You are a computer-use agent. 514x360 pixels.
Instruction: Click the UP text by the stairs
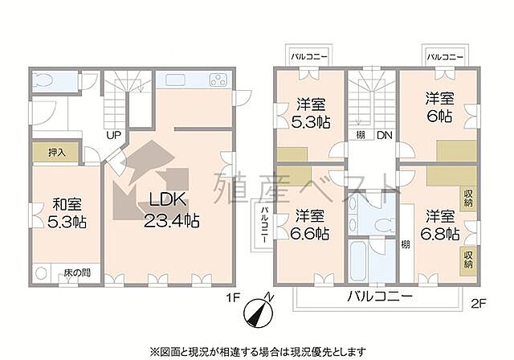[113, 135]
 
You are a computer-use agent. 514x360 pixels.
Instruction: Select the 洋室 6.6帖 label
[309, 225]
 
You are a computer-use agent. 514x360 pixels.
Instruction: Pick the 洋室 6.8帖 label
[441, 225]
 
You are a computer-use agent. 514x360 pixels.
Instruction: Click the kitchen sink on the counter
[176, 80]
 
